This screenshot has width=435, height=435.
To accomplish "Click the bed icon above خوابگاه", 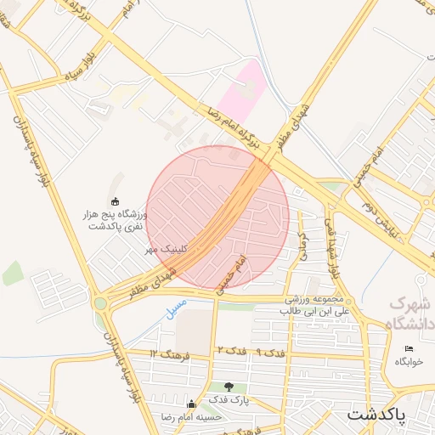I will (409, 348).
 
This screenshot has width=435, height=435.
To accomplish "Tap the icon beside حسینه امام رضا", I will (191, 404).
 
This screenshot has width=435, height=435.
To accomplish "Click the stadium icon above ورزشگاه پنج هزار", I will (116, 201).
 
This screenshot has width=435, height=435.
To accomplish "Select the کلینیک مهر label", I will (163, 249).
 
